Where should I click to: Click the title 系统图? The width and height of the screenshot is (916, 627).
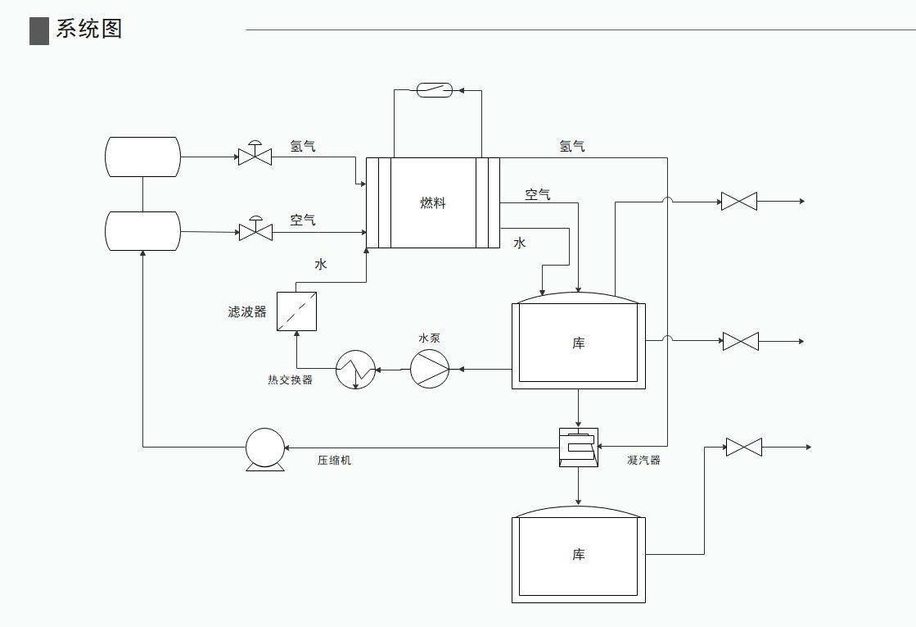click(89, 30)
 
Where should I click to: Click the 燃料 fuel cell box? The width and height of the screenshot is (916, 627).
click(432, 202)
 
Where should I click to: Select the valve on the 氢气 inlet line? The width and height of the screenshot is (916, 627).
click(255, 156)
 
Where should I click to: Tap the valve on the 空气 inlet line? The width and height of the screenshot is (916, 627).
click(255, 231)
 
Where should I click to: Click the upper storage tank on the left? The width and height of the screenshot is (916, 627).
click(142, 157)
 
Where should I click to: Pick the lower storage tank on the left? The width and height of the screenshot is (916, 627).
click(142, 231)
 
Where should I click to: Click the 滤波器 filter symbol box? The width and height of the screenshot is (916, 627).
click(296, 311)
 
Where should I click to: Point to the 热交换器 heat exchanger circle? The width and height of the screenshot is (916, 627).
click(355, 370)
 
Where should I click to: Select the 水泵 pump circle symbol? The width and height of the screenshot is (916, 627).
click(429, 369)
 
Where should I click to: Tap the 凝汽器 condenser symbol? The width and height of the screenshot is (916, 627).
click(579, 448)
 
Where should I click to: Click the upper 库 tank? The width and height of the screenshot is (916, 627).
click(579, 343)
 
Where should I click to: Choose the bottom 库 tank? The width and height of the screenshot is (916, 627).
click(579, 556)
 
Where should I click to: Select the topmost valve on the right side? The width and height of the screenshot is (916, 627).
click(738, 201)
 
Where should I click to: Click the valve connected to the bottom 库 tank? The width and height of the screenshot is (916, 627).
click(743, 447)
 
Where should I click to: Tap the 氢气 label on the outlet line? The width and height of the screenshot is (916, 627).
click(572, 147)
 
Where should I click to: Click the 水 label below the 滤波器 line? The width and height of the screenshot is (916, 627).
click(321, 264)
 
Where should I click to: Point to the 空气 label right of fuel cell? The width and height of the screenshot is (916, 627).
click(538, 194)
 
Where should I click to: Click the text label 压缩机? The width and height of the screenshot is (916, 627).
click(334, 461)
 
